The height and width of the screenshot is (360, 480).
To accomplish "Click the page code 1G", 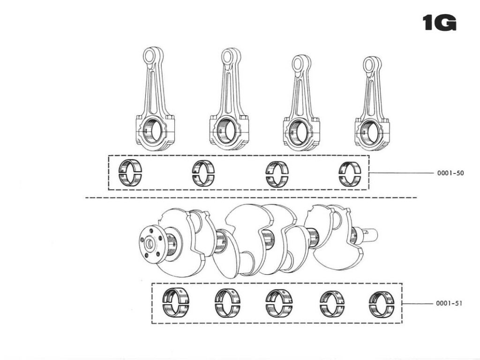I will pyautogui.click(x=439, y=23).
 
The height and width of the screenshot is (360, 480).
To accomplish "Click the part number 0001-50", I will pyautogui.click(x=450, y=173).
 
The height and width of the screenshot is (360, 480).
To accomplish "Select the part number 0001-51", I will pyautogui.click(x=449, y=303).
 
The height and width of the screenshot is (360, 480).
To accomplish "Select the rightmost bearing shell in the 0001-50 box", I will pyautogui.click(x=350, y=173).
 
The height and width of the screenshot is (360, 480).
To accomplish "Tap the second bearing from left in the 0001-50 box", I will pyautogui.click(x=203, y=173).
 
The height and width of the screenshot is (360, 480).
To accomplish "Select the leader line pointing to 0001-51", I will pyautogui.click(x=417, y=303).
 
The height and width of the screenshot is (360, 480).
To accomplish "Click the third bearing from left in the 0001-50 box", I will pyautogui.click(x=277, y=173).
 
